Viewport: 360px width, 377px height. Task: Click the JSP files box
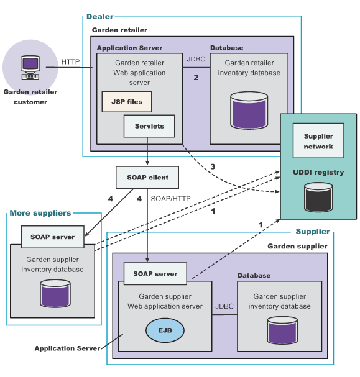(x=127, y=101)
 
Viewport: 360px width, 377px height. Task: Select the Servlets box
(x=149, y=126)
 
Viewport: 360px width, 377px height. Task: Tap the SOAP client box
(x=147, y=178)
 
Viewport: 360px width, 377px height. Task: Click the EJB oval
(x=165, y=330)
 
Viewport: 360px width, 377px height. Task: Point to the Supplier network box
(x=318, y=140)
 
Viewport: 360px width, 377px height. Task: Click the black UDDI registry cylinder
(x=318, y=197)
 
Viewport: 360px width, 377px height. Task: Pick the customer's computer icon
(x=30, y=68)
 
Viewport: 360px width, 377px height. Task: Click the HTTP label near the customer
(x=70, y=61)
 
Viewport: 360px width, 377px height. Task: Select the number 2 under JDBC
(x=196, y=77)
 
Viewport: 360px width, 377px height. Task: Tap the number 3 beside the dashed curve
(x=213, y=166)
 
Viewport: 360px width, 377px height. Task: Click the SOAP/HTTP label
(x=170, y=199)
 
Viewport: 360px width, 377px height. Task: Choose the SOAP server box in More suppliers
(x=52, y=237)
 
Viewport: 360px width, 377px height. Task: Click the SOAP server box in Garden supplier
(x=155, y=274)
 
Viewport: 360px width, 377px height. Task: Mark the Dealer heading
(x=100, y=16)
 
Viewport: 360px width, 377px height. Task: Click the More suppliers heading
(x=40, y=213)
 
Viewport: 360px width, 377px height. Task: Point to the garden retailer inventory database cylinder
(x=249, y=110)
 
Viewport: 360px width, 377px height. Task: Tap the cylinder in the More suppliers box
(x=55, y=293)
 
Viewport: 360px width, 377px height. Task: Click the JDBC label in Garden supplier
(x=224, y=306)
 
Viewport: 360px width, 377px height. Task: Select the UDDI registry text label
(x=318, y=172)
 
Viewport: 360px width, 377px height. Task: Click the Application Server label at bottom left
(x=67, y=348)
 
